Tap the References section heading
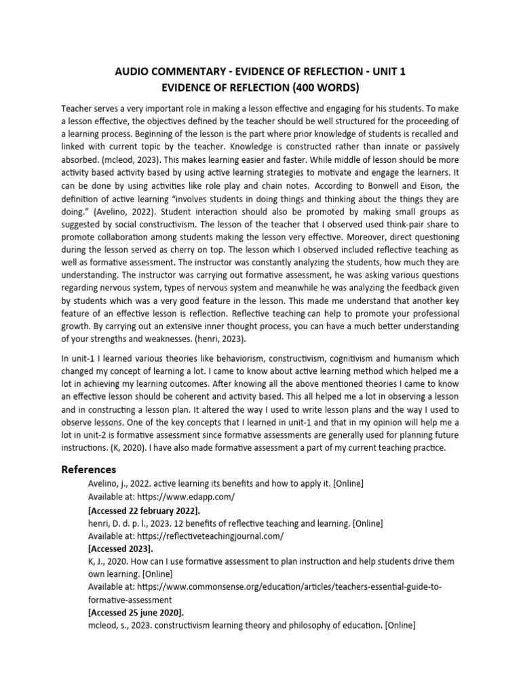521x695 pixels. pyautogui.click(x=89, y=470)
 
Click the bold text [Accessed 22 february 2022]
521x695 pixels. pyautogui.click(x=144, y=510)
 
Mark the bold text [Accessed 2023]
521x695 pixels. pyautogui.click(x=121, y=548)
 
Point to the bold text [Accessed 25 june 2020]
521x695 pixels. pyautogui.click(x=135, y=613)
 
